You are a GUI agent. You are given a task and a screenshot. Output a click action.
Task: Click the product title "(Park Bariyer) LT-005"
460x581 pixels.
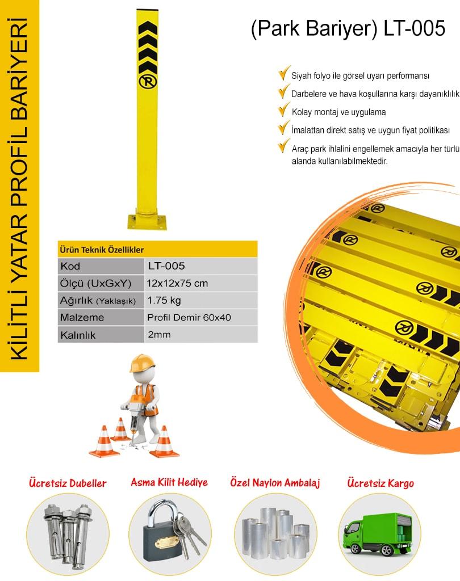[x=348, y=28]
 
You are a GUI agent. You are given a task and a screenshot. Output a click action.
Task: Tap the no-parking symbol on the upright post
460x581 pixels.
[x=148, y=82]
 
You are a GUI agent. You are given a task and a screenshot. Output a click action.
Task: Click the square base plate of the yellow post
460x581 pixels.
[x=147, y=222]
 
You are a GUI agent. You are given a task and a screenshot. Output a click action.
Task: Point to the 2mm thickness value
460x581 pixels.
[x=159, y=335]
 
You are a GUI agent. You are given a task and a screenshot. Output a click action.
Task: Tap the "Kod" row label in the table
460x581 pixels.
[x=70, y=266]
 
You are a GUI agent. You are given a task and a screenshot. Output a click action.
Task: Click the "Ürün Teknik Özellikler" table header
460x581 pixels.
[x=102, y=250]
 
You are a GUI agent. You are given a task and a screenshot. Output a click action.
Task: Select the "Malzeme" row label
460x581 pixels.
[x=82, y=318]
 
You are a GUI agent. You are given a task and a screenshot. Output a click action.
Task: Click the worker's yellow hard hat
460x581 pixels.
[x=142, y=363]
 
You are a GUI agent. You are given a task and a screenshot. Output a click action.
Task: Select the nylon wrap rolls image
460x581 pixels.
[x=275, y=533]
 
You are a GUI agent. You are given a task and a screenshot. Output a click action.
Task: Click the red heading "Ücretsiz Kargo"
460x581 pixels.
[x=380, y=483]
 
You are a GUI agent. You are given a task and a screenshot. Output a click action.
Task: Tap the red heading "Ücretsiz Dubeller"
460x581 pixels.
[x=68, y=483]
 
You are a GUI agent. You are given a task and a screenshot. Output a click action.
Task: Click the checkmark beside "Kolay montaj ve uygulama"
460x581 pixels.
[x=284, y=110]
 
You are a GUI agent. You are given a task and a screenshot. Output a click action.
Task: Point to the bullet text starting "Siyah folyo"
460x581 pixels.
[x=360, y=76]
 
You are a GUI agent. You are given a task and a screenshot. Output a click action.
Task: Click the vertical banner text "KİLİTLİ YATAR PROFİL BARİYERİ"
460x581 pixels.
[x=19, y=188]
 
